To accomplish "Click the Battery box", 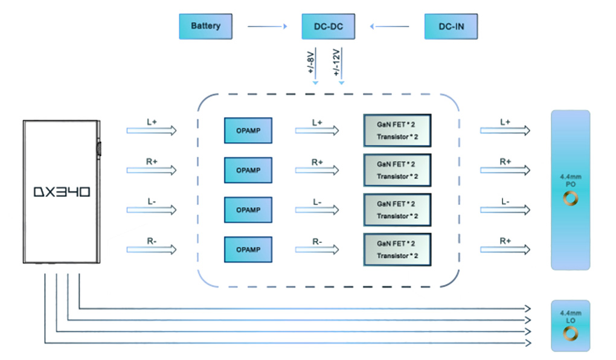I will click(x=205, y=27).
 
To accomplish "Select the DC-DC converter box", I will click(x=327, y=27).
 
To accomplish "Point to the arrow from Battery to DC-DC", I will click(x=267, y=27).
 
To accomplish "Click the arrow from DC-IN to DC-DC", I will click(x=390, y=27).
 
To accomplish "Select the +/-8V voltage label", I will click(x=311, y=62).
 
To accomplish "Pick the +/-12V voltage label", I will click(x=336, y=62).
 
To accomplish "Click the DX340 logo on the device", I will click(x=62, y=192).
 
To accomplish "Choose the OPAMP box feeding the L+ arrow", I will click(x=248, y=130).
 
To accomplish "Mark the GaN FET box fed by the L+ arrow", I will click(x=397, y=130).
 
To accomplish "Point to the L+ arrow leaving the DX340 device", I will click(x=152, y=130).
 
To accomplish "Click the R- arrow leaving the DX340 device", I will click(x=152, y=249).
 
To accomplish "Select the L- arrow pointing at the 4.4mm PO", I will click(x=505, y=210).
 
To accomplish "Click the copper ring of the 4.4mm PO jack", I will click(x=570, y=198).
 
